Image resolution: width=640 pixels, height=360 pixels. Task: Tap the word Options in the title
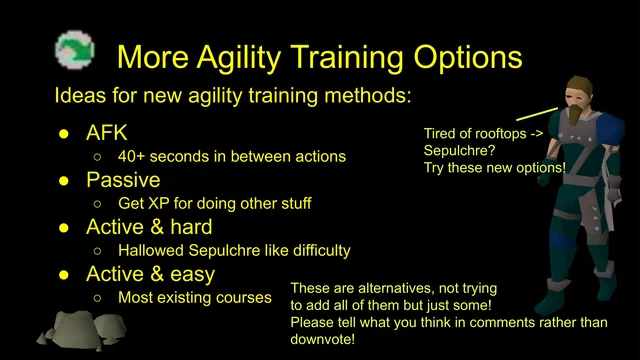(x=458, y=54)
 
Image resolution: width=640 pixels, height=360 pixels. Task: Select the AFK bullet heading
(x=107, y=133)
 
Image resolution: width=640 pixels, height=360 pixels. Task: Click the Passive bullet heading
(x=123, y=180)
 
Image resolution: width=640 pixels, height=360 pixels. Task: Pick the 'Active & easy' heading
(x=150, y=273)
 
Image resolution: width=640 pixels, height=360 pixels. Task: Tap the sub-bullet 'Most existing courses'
(x=194, y=297)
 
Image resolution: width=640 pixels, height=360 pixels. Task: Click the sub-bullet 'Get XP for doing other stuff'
(x=214, y=203)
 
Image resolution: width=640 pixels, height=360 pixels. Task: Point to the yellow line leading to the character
(x=537, y=110)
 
